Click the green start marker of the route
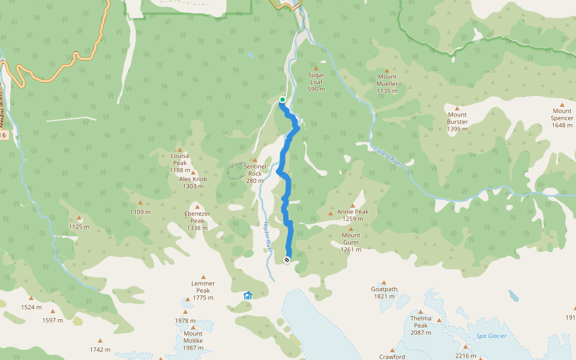pos(282,100)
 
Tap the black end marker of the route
pos(287,260)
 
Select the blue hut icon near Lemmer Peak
pos(248,295)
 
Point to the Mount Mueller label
pos(387,84)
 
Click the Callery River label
pos(391,159)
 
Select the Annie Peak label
pos(353,215)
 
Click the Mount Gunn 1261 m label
pos(351,242)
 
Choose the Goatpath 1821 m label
pos(384,292)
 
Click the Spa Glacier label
pos(492,336)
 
